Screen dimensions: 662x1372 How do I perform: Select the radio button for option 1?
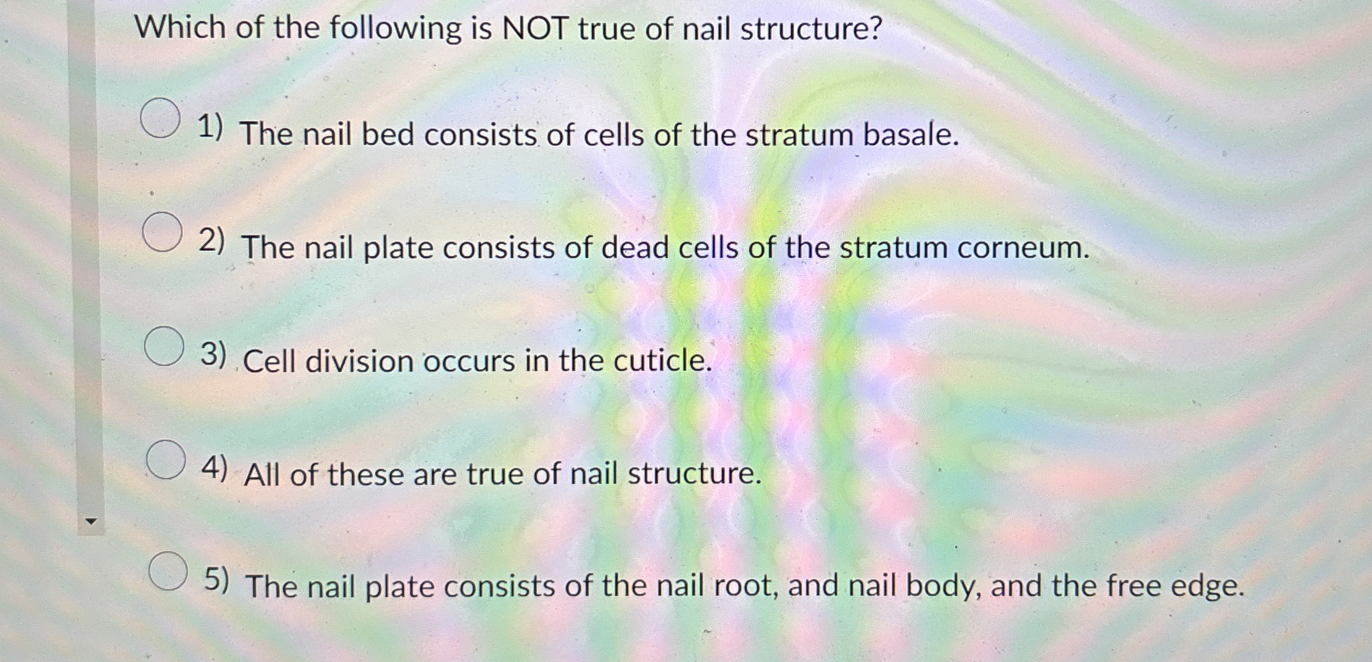pyautogui.click(x=160, y=117)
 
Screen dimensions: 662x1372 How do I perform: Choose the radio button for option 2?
pyautogui.click(x=162, y=232)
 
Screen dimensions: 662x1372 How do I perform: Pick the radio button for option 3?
pyautogui.click(x=164, y=346)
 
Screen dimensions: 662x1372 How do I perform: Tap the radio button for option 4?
pyautogui.click(x=166, y=459)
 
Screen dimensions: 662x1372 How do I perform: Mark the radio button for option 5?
pyautogui.click(x=168, y=571)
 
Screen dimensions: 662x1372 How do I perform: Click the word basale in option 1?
pyautogui.click(x=911, y=135)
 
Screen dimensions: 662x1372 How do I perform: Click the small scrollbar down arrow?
pyautogui.click(x=91, y=522)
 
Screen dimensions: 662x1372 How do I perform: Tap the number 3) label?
pyautogui.click(x=213, y=355)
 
